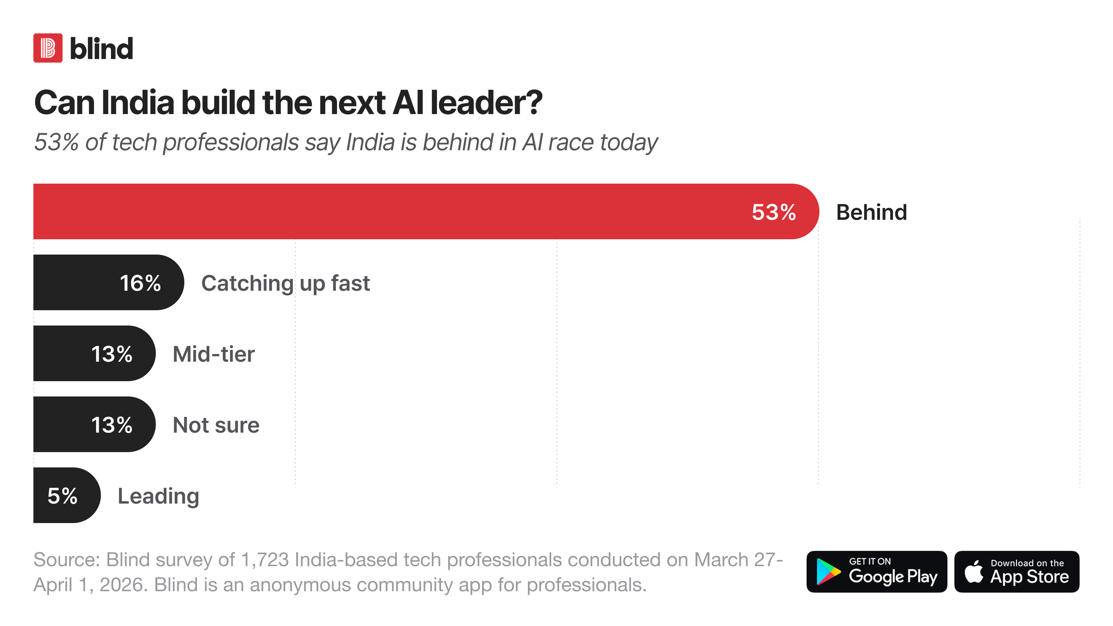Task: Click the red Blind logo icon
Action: click(48, 48)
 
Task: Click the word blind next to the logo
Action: click(102, 48)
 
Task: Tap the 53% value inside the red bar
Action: click(774, 212)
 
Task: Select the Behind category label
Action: click(872, 212)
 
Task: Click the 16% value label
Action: click(141, 283)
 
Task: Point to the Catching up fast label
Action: click(286, 284)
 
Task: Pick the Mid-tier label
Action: click(214, 354)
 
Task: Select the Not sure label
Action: click(216, 425)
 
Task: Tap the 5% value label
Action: click(63, 496)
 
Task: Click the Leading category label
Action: click(159, 496)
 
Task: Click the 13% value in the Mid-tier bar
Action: click(112, 354)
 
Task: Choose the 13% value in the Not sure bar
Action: click(112, 425)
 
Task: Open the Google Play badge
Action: click(876, 571)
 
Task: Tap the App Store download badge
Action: click(1017, 571)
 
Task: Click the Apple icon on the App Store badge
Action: click(974, 571)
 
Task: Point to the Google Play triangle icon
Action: click(828, 571)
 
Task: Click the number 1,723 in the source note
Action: click(264, 560)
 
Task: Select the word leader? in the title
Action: click(487, 103)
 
